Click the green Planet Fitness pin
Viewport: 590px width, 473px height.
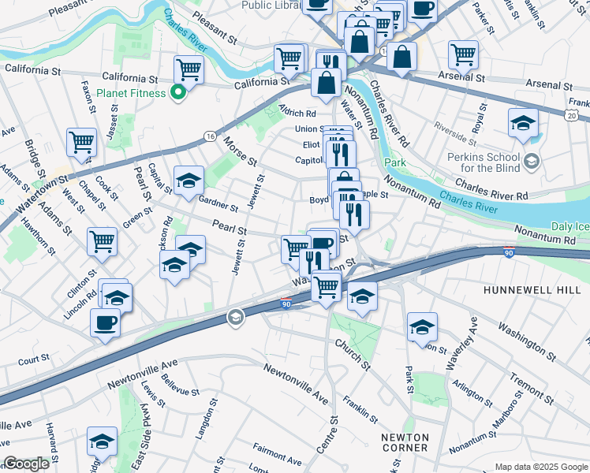point(178,93)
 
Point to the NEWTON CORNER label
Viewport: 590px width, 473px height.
point(405,444)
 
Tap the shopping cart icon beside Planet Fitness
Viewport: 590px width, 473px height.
point(189,69)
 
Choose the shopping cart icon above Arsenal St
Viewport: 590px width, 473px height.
point(463,54)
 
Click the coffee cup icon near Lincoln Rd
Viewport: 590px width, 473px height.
point(105,322)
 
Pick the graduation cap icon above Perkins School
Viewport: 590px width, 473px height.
point(523,123)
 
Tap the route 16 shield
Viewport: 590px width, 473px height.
point(208,136)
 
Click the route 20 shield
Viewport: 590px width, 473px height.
point(570,116)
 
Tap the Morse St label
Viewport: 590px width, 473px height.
point(241,150)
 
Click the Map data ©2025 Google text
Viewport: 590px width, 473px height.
point(541,466)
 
